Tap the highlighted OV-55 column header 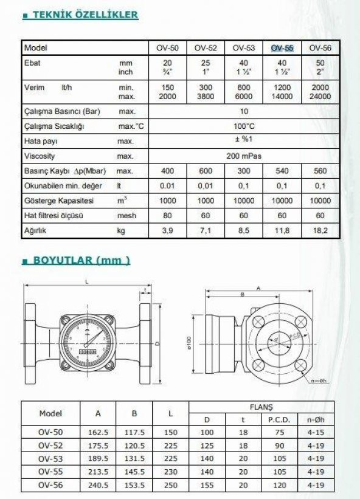tap(282, 48)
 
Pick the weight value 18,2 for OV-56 tap(320, 230)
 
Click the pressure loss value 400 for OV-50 tap(168, 171)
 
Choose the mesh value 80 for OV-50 tap(168, 216)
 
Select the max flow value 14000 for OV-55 tap(282, 97)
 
